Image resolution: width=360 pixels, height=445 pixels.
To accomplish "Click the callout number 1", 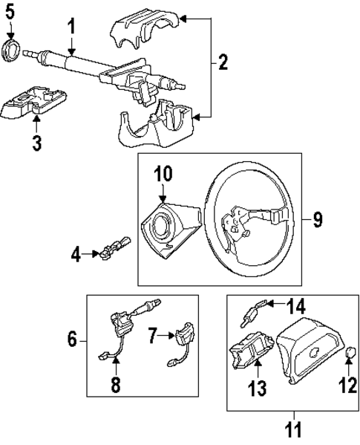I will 71,27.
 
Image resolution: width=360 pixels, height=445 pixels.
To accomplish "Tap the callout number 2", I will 222,64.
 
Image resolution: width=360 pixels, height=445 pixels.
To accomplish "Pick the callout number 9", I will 317,219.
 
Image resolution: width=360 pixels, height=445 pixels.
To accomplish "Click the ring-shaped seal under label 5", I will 13,53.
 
